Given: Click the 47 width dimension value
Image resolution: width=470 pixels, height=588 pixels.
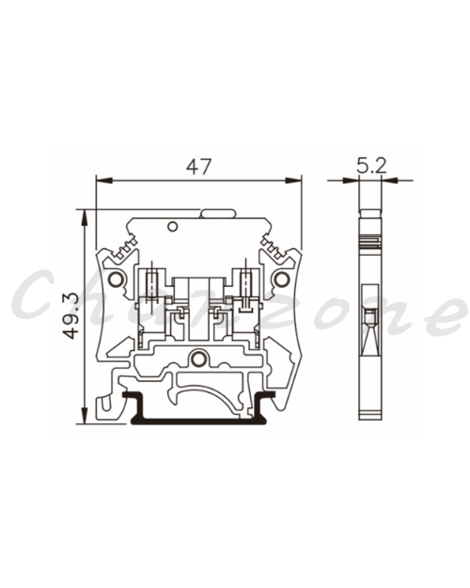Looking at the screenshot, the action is coord(199,167).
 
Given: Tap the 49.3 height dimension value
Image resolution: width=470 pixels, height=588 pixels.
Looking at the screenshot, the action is coord(70,315).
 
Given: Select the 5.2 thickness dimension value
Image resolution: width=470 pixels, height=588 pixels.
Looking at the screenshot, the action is coord(371,166).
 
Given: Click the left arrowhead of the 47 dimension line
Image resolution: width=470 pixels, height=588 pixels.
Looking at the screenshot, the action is coord(104,181).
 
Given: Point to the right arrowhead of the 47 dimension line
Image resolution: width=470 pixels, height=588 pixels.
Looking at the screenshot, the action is coord(293,181).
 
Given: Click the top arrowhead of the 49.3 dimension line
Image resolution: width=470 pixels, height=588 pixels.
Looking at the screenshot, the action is coord(85,217).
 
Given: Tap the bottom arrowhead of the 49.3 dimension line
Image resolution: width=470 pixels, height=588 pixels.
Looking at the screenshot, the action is coord(85,416).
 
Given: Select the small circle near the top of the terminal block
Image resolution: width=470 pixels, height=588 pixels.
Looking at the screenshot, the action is coord(172,227).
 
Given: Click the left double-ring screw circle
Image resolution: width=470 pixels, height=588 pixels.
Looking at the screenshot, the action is coord(116,279).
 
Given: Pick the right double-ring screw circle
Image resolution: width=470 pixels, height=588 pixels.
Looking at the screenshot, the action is coord(282,279).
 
